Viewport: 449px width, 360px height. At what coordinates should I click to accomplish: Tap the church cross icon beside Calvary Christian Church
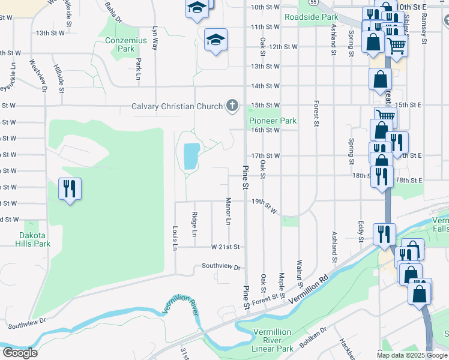[232, 107]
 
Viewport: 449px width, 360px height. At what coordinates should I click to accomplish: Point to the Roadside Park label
[311, 17]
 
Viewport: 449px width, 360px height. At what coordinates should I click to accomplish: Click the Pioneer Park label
[273, 121]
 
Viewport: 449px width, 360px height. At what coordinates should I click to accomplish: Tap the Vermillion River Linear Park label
[273, 340]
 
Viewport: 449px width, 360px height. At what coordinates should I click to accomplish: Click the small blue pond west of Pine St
[190, 156]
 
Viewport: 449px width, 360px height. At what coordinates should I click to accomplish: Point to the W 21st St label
[225, 247]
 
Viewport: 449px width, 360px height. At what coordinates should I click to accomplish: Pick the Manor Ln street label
[228, 211]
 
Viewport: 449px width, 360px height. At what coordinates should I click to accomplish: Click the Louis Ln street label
[175, 238]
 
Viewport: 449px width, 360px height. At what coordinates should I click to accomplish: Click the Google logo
[19, 353]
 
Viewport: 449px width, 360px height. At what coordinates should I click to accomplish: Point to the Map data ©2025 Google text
[412, 355]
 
